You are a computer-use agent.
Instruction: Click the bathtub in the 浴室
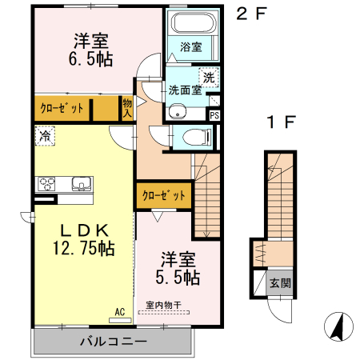[x=193, y=22]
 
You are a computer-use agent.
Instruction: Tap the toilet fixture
[x=198, y=138]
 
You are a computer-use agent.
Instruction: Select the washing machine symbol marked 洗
[x=209, y=78]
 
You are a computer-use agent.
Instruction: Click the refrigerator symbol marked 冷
[x=45, y=136]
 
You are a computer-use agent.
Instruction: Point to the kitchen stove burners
[x=46, y=184]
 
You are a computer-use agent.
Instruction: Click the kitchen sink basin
[x=82, y=184]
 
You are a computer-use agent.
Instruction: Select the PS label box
[x=214, y=115]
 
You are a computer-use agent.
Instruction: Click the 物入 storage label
[x=127, y=108]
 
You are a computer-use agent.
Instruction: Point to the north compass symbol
[x=338, y=326]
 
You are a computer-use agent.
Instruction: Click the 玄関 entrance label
[x=280, y=283]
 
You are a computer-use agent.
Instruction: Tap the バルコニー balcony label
[x=114, y=341]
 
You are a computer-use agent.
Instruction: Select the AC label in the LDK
[x=120, y=312]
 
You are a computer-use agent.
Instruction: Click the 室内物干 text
[x=164, y=305]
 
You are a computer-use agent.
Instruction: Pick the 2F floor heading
[x=251, y=14]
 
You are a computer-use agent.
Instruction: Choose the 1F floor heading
[x=282, y=122]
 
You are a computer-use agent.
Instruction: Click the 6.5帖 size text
[x=90, y=59]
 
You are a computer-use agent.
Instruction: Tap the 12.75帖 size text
[x=84, y=248]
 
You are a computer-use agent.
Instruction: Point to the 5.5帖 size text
[x=178, y=278]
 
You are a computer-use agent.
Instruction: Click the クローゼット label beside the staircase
[x=164, y=195]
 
